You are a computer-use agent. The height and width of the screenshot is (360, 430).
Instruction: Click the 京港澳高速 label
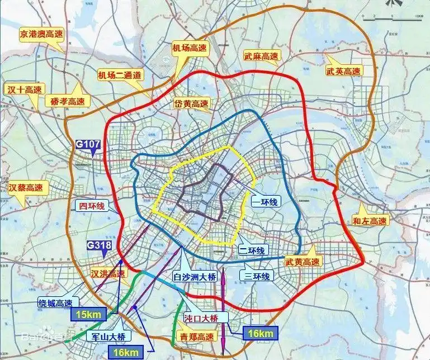41,34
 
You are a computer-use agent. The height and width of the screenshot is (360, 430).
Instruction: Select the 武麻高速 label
261,56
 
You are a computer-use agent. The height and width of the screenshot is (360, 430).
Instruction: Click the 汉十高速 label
25,89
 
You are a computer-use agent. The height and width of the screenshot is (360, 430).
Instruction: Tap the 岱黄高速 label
191,103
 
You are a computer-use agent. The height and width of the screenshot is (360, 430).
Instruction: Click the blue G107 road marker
88,145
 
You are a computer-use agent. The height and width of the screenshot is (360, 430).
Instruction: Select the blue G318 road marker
98,245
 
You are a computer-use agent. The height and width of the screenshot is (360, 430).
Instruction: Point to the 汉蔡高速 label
26,187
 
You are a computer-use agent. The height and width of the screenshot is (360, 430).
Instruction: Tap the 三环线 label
257,276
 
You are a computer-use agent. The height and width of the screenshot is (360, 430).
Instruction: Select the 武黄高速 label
302,262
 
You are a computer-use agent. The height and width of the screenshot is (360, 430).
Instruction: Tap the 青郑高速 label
196,337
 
